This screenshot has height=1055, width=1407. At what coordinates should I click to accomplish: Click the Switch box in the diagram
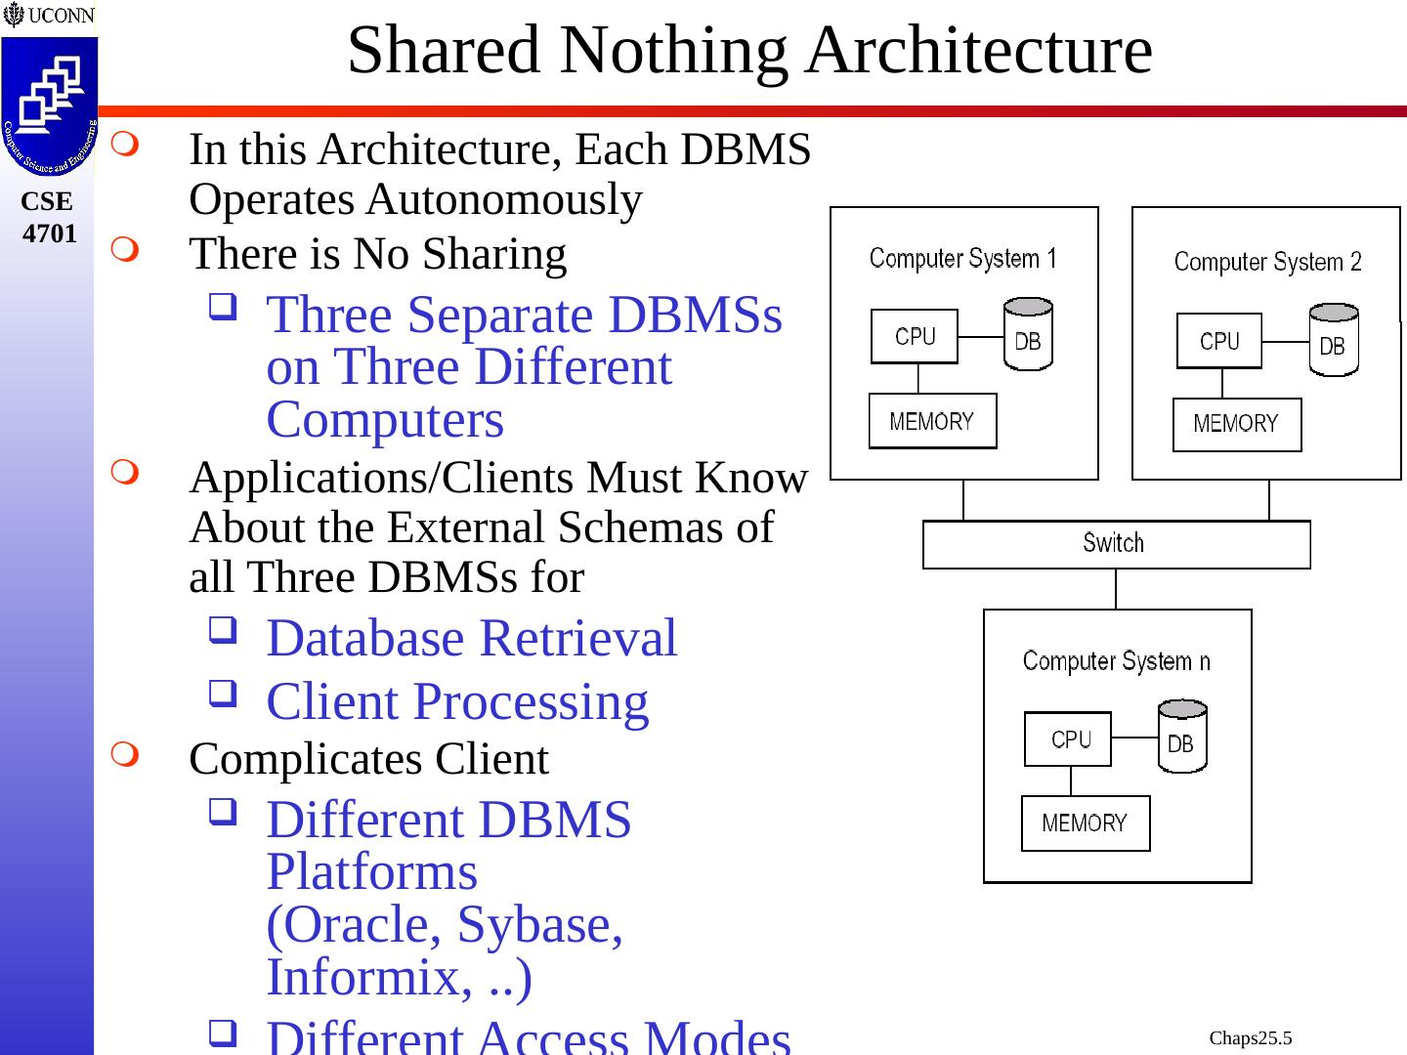coord(1116,544)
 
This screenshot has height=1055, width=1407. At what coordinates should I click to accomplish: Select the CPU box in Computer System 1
coord(915,336)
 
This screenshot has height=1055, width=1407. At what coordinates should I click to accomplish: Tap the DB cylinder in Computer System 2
coord(1333,341)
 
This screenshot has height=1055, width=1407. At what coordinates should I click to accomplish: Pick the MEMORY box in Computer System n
coord(1085,823)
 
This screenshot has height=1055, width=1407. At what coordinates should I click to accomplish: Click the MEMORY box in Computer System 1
coord(932,421)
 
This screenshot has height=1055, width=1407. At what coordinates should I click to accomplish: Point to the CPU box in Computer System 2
coord(1218,341)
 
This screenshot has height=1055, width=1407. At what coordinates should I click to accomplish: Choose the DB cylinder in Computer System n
coord(1181,738)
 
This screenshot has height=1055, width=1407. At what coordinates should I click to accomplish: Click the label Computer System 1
coord(962,259)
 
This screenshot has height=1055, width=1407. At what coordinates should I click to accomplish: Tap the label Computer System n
coord(1116,661)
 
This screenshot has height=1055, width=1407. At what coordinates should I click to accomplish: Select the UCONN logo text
coord(61,16)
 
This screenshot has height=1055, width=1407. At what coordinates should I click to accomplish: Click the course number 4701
coord(49,233)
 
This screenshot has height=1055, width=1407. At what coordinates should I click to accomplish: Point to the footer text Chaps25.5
coord(1250,1037)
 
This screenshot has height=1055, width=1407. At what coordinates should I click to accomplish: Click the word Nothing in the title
coord(680,50)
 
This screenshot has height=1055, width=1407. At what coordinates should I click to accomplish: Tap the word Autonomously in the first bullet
coord(504,200)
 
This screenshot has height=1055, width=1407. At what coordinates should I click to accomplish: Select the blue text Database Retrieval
coord(471,638)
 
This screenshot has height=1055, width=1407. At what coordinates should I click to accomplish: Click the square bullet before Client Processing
coord(222,695)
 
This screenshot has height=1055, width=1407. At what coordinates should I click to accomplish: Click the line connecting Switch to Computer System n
coord(1116,589)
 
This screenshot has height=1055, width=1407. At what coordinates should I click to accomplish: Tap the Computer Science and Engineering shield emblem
coord(49,105)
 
